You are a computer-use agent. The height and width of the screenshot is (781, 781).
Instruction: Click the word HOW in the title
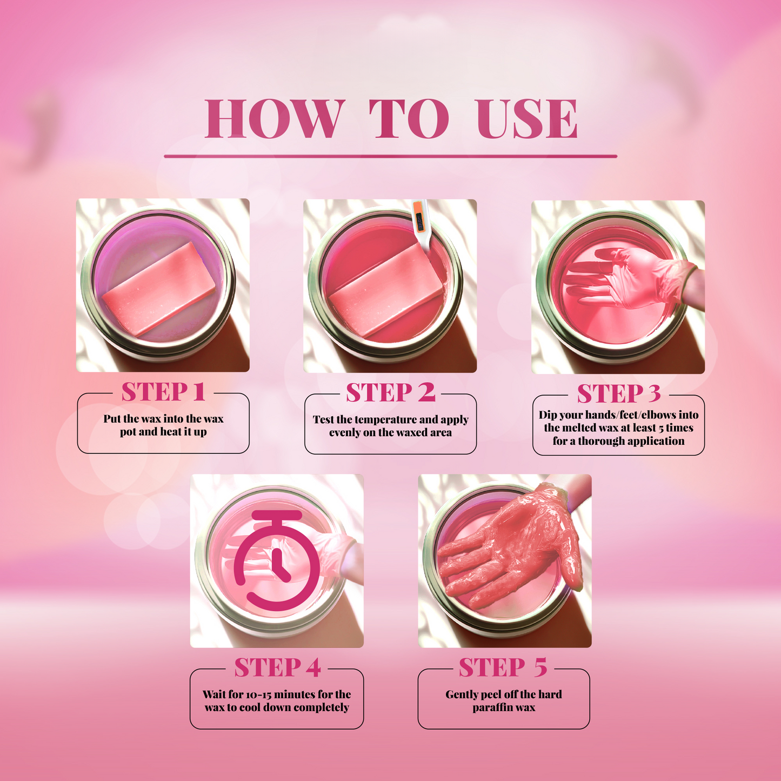pyautogui.click(x=275, y=119)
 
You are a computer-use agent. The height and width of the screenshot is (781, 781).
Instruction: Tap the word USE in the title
pyautogui.click(x=527, y=119)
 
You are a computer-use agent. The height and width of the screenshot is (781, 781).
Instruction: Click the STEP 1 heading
pyautogui.click(x=163, y=392)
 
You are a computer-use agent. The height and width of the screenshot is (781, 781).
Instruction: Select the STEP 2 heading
pyautogui.click(x=390, y=393)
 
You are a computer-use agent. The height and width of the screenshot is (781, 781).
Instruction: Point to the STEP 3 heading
pyautogui.click(x=619, y=394)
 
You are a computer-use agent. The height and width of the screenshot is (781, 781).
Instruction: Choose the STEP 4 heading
pyautogui.click(x=277, y=668)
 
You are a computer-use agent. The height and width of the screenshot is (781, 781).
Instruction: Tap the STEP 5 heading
pyautogui.click(x=503, y=668)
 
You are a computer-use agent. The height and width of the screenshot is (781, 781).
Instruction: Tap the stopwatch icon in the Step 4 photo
pyautogui.click(x=277, y=559)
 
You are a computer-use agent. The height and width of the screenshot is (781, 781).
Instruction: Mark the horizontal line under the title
pyautogui.click(x=390, y=156)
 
